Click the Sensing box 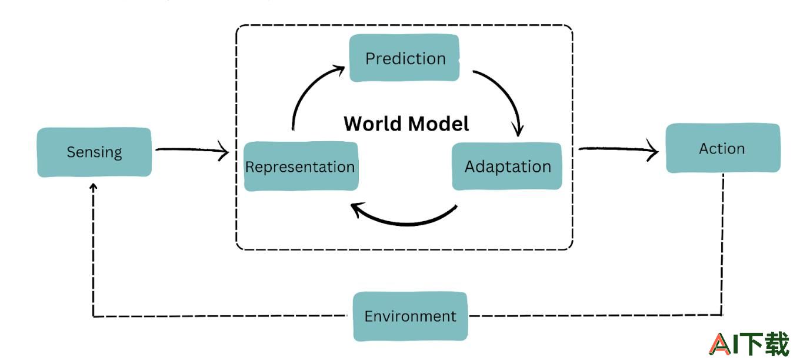tap(94, 152)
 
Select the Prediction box tap(405, 58)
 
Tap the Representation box tap(301, 166)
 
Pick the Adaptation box tap(507, 166)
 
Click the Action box tap(723, 148)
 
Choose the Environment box tap(411, 316)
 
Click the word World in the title tap(373, 124)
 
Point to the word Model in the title tap(439, 124)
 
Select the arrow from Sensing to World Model tap(192, 149)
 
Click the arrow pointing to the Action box tap(618, 149)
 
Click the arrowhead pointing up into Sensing tap(94, 186)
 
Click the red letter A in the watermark tap(720, 344)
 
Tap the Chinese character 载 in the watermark tap(776, 344)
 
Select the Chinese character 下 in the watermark tap(751, 344)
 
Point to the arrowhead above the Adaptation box tap(518, 129)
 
